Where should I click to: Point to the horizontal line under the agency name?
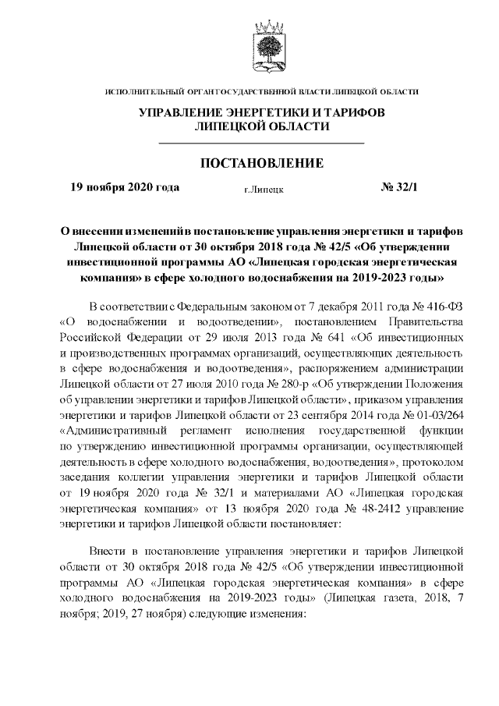coord(261,144)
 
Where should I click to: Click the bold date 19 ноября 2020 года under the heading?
coord(125,187)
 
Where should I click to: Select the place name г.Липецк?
coord(264,189)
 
